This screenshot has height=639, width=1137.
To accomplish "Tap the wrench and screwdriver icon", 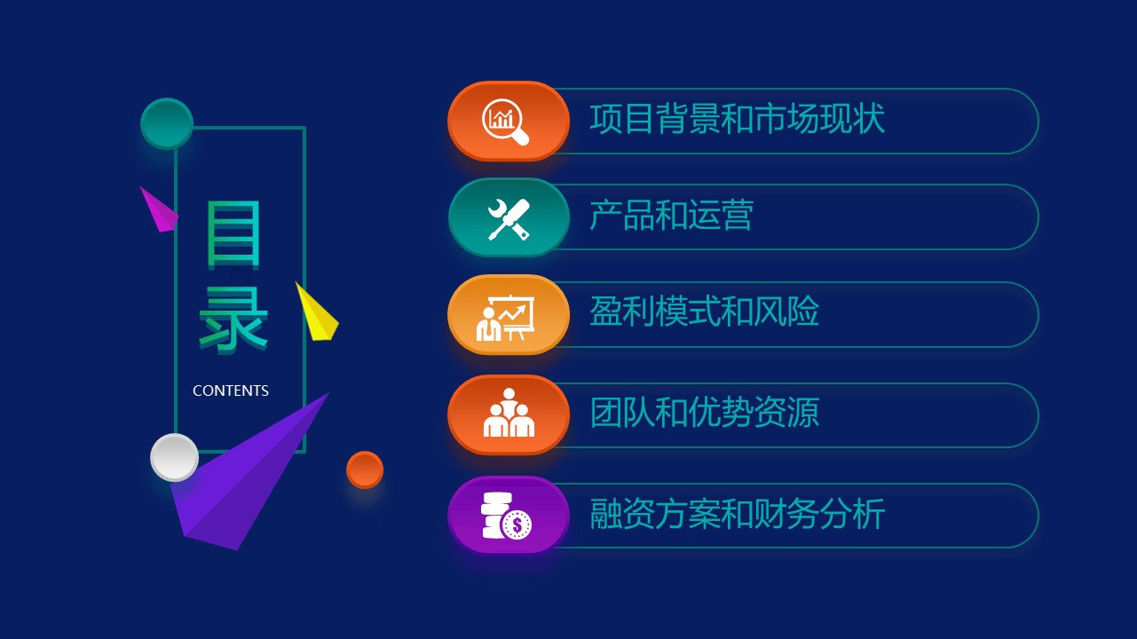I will [509, 218].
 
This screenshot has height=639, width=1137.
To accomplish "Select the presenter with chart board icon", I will [506, 317].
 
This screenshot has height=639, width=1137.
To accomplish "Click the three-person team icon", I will [509, 414].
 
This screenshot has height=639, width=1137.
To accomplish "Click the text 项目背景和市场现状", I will [738, 119].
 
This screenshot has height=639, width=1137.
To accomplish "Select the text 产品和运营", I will [672, 216].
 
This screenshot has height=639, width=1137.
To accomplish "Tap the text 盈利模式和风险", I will [705, 312].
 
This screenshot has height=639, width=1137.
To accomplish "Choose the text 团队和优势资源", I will [705, 413].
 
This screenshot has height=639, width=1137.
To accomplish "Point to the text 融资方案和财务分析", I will [738, 514].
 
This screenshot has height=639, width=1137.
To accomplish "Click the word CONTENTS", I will [231, 390].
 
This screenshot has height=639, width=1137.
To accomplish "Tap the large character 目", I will [234, 234].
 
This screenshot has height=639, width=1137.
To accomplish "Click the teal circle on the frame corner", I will [167, 123].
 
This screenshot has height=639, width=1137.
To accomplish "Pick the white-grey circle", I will [174, 457].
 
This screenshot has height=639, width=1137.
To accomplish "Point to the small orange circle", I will [365, 469].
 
